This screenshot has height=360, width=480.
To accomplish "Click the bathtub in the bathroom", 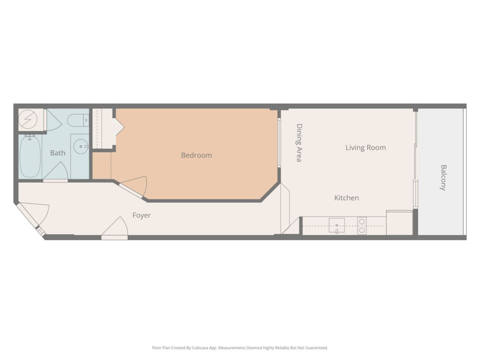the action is click(30, 156).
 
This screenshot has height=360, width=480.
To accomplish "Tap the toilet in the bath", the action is click(78, 120).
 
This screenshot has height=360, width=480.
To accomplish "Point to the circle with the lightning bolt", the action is click(28, 119).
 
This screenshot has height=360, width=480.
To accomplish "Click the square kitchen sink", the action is click(337, 225).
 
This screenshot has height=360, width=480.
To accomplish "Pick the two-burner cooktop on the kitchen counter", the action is click(362, 226).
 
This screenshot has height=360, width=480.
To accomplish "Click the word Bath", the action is click(58, 153).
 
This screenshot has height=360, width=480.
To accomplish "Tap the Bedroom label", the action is click(196, 155).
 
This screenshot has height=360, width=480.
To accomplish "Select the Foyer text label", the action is click(142, 216).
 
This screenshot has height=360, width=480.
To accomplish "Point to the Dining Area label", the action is click(299, 142).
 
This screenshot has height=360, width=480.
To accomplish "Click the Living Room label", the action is click(366, 148).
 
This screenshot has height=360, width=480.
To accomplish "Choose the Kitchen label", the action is click(346, 198).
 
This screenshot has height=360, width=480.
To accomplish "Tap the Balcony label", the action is click(443, 178).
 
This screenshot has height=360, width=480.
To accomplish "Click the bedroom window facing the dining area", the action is click(279, 142).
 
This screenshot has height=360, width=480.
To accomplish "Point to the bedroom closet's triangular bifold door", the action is click(120, 127).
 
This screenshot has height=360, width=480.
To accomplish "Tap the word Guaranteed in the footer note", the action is click(318, 348).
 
